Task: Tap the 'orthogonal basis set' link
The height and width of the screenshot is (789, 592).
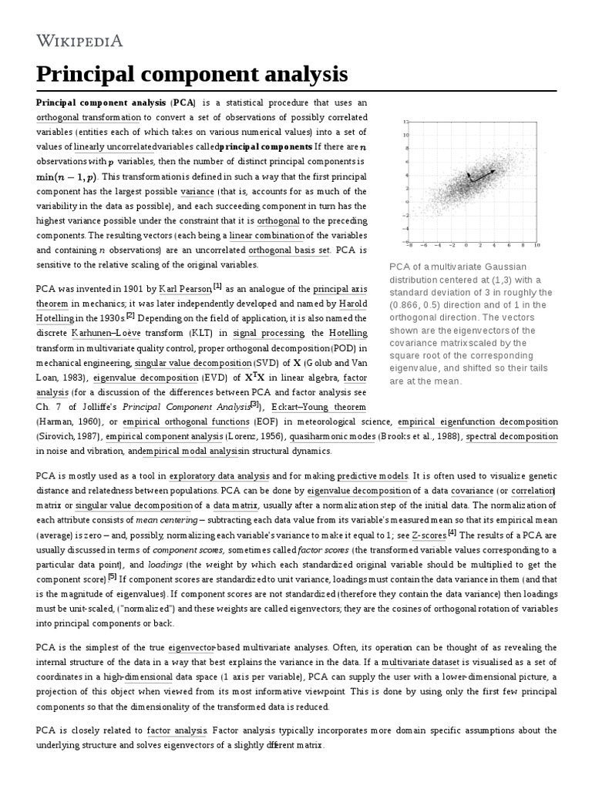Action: [x=281, y=250]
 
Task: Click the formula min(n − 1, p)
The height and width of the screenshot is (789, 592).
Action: [x=68, y=176]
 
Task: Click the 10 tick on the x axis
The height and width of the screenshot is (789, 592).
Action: [x=536, y=245]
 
